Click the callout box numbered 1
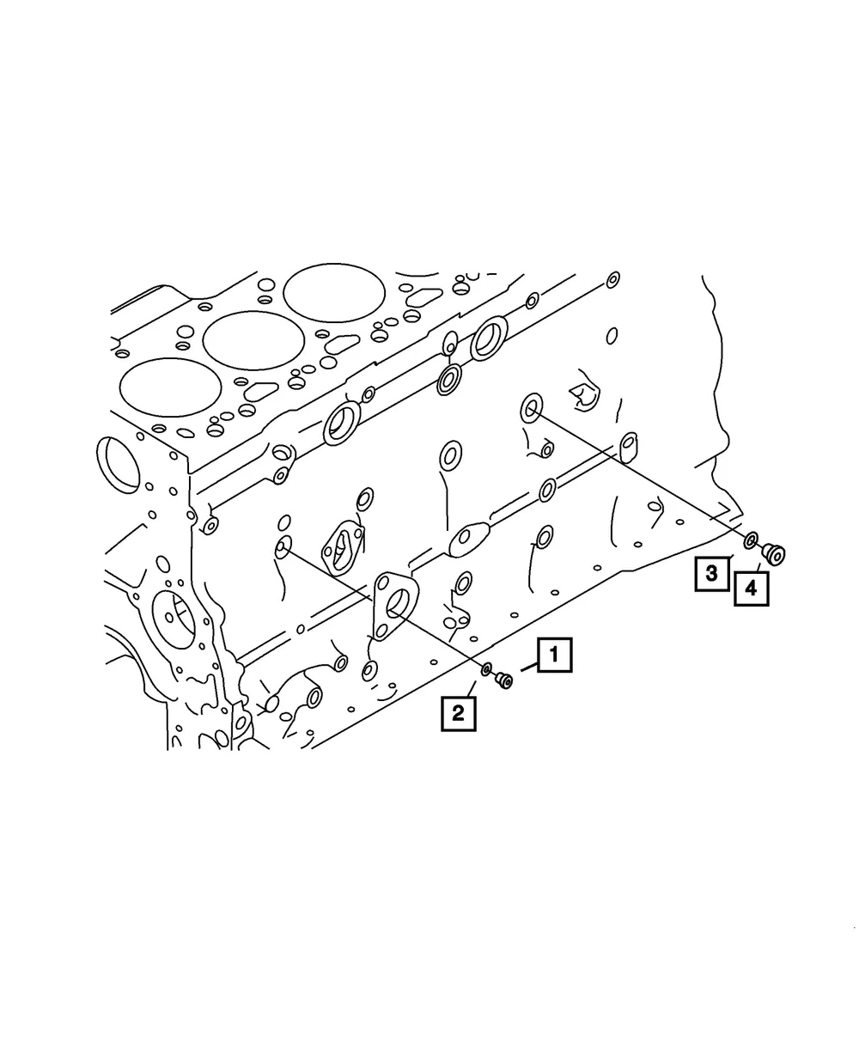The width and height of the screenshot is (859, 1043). (x=554, y=655)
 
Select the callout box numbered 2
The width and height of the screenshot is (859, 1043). (x=458, y=714)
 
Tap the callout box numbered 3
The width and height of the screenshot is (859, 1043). (x=711, y=574)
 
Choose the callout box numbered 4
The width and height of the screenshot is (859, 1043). (x=751, y=589)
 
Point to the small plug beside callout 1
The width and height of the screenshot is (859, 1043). (x=503, y=680)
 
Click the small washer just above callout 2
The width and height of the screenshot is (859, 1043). (x=486, y=670)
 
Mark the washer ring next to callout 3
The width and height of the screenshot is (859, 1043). (x=750, y=540)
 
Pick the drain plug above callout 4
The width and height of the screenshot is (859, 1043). (x=774, y=553)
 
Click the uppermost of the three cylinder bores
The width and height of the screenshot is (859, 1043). (x=334, y=293)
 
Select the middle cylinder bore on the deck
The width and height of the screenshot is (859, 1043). (x=253, y=340)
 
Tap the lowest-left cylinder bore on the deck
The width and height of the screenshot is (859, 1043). (x=170, y=387)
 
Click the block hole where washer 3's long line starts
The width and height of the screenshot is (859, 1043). (x=532, y=407)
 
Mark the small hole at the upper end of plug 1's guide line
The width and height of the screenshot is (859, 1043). (x=283, y=548)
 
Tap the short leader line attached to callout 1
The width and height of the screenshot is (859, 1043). (x=529, y=667)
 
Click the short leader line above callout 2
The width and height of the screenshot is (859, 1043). (x=471, y=688)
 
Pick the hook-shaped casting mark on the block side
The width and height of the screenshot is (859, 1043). (x=584, y=397)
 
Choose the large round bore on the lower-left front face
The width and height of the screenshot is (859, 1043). (x=173, y=619)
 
